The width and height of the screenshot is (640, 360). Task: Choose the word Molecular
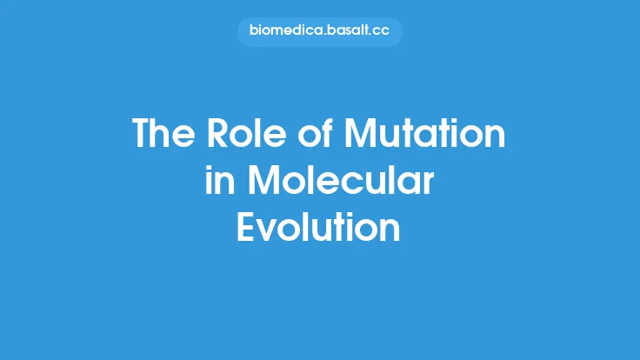pyautogui.click(x=340, y=183)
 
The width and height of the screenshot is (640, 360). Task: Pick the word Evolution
pyautogui.click(x=319, y=228)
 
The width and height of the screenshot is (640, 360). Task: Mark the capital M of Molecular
pyautogui.click(x=264, y=183)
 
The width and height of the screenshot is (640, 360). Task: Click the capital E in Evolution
pyautogui.click(x=248, y=228)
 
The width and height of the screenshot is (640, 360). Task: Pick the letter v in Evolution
pyautogui.click(x=273, y=230)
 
